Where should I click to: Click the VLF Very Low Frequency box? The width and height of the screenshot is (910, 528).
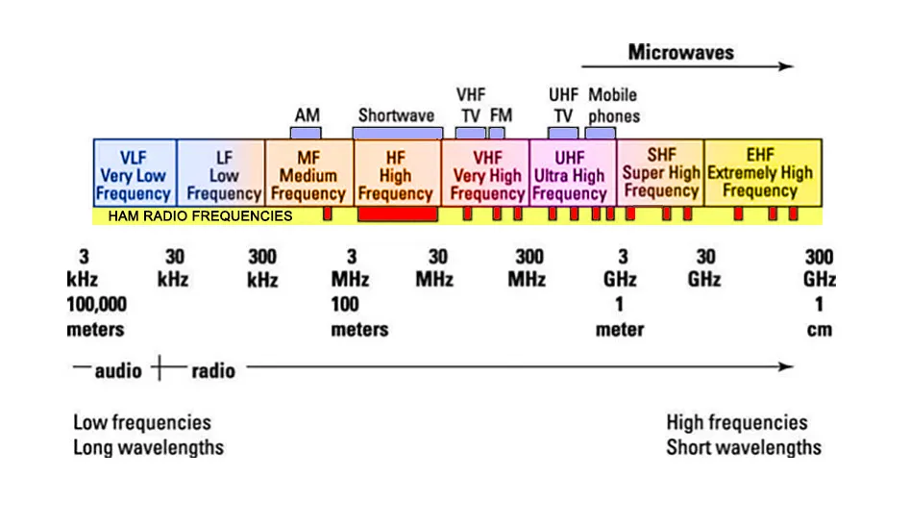pos(135,173)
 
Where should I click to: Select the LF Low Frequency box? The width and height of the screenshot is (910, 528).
pos(221,173)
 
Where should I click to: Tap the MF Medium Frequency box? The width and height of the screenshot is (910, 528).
pos(309,173)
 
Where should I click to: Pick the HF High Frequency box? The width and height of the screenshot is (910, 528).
pos(398,173)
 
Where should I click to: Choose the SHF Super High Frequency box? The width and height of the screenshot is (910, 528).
pos(660,173)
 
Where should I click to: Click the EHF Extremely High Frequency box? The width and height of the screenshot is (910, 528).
pos(763,173)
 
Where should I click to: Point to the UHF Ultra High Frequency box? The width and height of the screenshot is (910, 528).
pos(573,173)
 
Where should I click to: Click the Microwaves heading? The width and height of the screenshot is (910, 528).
pos(680,52)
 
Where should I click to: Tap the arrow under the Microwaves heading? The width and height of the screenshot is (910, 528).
pos(688,66)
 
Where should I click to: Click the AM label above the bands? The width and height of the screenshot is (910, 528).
pos(307,115)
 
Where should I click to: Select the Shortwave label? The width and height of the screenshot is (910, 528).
pos(397,115)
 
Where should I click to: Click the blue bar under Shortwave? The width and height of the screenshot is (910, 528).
pos(398,134)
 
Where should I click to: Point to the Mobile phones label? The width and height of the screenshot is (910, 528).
pos(614,105)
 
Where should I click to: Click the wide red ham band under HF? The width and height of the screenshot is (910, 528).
pos(398,214)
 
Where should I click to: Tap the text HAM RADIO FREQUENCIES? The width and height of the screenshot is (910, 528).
pos(200,216)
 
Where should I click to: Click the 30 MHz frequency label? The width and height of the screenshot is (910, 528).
pos(434,267)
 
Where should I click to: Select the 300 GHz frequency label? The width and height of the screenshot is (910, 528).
pos(820,267)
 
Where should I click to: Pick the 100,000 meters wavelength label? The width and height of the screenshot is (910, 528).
pos(96,316)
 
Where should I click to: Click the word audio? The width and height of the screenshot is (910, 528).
pos(118,370)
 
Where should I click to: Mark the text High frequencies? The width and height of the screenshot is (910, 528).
pos(737,422)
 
